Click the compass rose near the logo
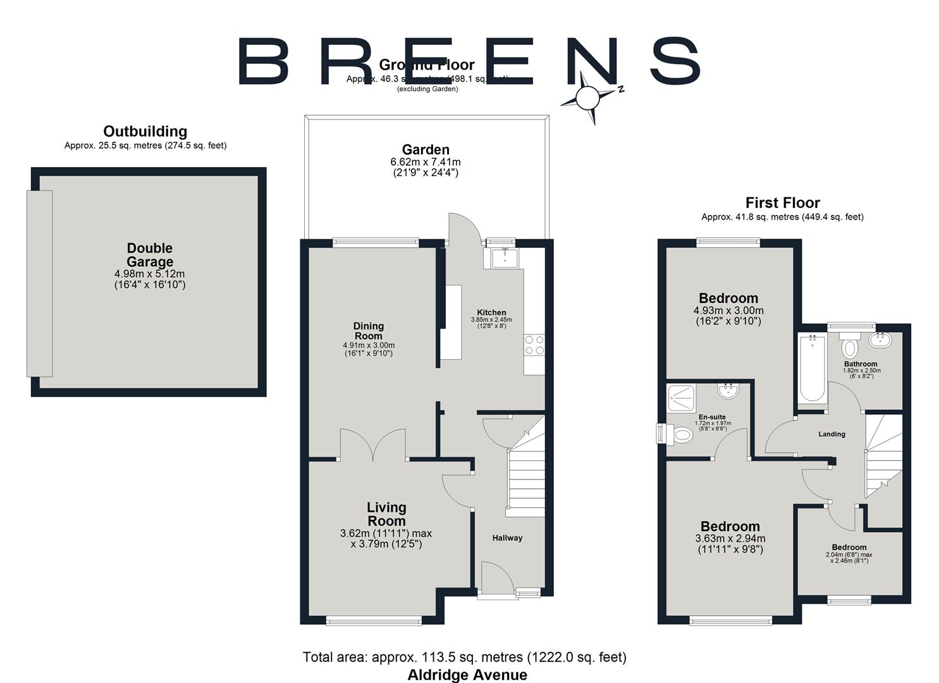(x=588, y=97)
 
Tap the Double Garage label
(x=149, y=255)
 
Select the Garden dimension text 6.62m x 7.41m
(x=426, y=163)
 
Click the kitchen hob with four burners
(x=534, y=345)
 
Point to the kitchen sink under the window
(x=505, y=257)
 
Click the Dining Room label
(x=369, y=331)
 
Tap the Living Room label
(x=386, y=514)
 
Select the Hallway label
(x=507, y=538)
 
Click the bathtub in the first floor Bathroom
(x=812, y=369)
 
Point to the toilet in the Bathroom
(x=849, y=347)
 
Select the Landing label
(x=832, y=434)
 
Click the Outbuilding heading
(x=145, y=132)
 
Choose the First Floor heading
(x=782, y=203)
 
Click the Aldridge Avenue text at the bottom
(x=467, y=675)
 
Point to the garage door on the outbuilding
(x=39, y=283)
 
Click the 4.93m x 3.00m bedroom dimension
(x=728, y=311)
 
